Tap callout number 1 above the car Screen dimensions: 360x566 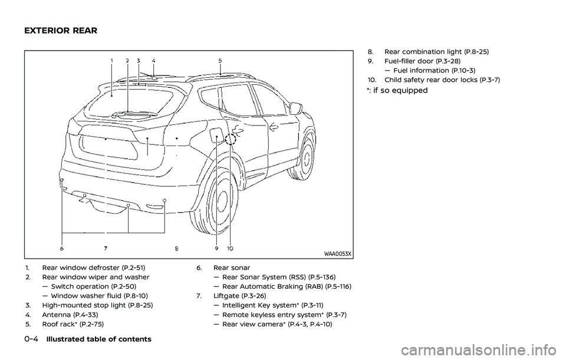coord(111,60)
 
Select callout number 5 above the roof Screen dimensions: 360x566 coord(220,60)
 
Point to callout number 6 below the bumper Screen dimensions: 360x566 coord(61,240)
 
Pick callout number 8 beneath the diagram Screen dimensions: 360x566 coord(176,240)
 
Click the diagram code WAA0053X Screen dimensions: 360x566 coord(337,254)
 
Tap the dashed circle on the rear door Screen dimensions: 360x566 coord(231,140)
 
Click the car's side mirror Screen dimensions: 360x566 coord(296,109)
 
